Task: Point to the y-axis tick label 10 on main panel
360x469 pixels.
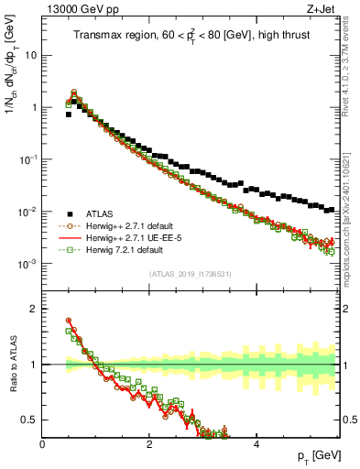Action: click(31, 55)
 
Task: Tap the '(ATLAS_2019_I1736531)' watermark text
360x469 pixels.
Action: click(190, 274)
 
